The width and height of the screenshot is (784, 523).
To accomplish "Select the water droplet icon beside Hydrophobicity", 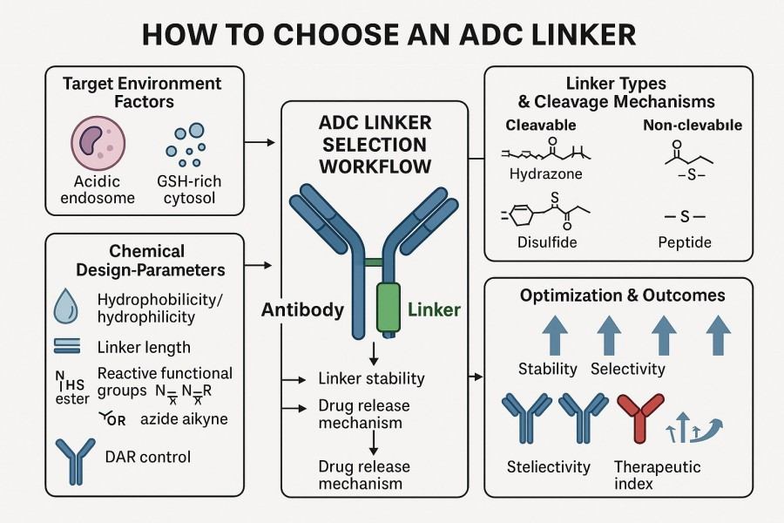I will [x=66, y=308].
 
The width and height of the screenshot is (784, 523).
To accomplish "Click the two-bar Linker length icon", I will [x=67, y=346].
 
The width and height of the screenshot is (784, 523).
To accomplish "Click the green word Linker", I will [x=434, y=309].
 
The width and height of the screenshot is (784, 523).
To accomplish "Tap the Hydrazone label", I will [x=545, y=173].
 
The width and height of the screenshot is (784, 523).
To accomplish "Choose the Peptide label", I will [x=686, y=241].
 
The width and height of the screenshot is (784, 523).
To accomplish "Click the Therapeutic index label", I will [x=657, y=475].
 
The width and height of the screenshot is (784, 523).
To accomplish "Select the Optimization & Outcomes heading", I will [x=622, y=295].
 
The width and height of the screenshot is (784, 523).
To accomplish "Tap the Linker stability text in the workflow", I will [x=371, y=378].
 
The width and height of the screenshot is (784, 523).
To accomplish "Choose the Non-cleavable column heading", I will [x=692, y=125].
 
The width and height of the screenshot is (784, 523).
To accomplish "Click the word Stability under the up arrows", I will [x=547, y=369].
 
